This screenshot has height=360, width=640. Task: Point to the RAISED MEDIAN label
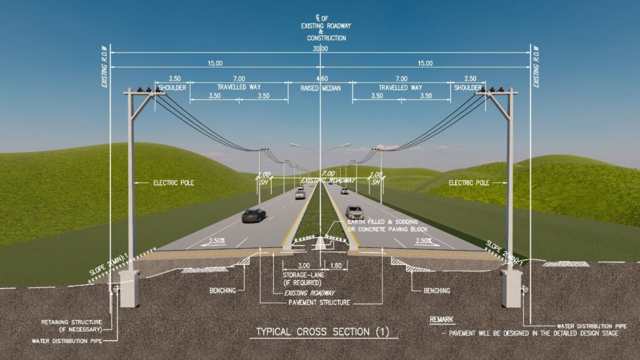pos(319,88)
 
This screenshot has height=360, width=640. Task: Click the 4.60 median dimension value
pos(321,79)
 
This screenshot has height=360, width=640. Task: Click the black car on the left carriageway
pos(254,215)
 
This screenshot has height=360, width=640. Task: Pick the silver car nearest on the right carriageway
pos(354,212)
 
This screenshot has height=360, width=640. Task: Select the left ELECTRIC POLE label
pos(174,183)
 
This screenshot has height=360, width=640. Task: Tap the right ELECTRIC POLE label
pos(469,183)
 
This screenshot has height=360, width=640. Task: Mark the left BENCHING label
pos(222,291)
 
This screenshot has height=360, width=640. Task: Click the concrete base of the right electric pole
pos(511,288)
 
